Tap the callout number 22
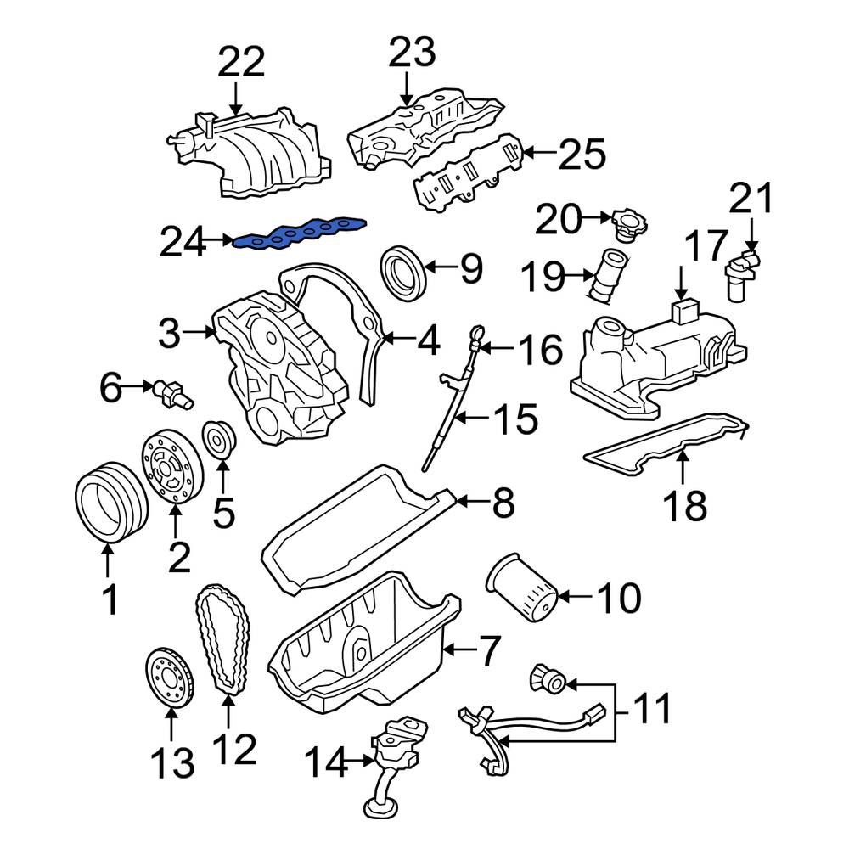(x=241, y=63)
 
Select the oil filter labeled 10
(x=521, y=588)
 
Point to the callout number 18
(x=684, y=505)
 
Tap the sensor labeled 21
(x=742, y=271)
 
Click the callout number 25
(x=582, y=155)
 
